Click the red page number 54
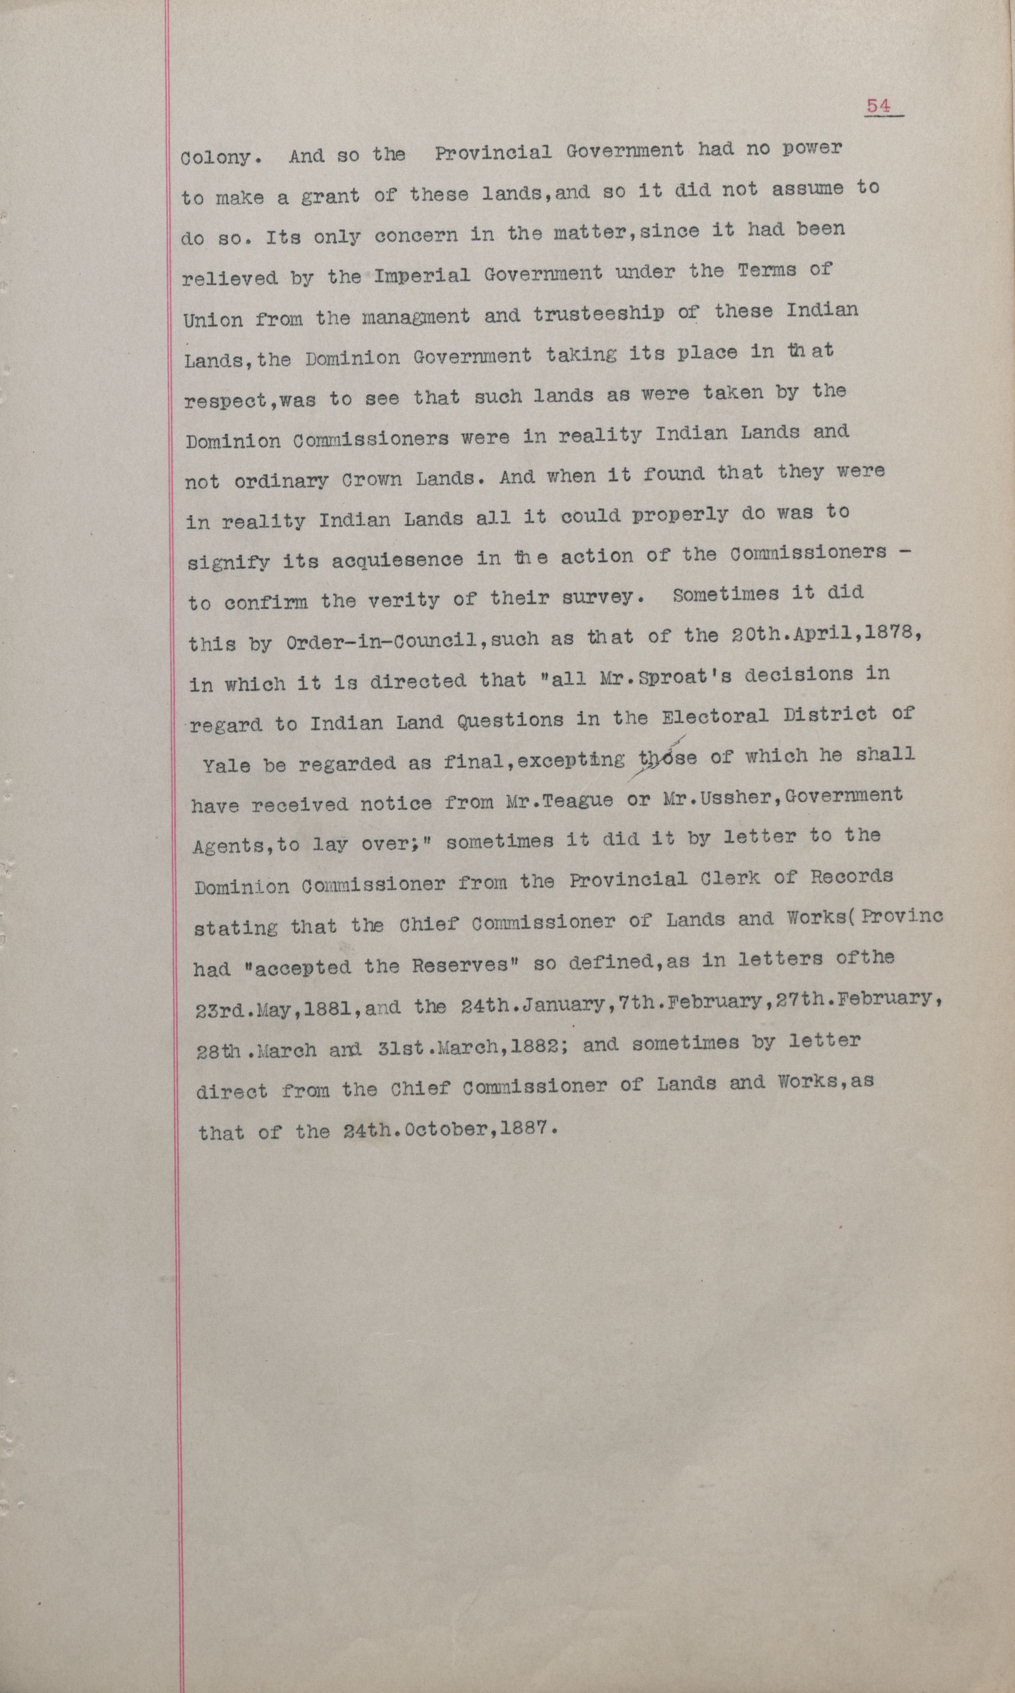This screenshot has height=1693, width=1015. pyautogui.click(x=879, y=106)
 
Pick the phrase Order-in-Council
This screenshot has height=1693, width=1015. pyautogui.click(x=362, y=641)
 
